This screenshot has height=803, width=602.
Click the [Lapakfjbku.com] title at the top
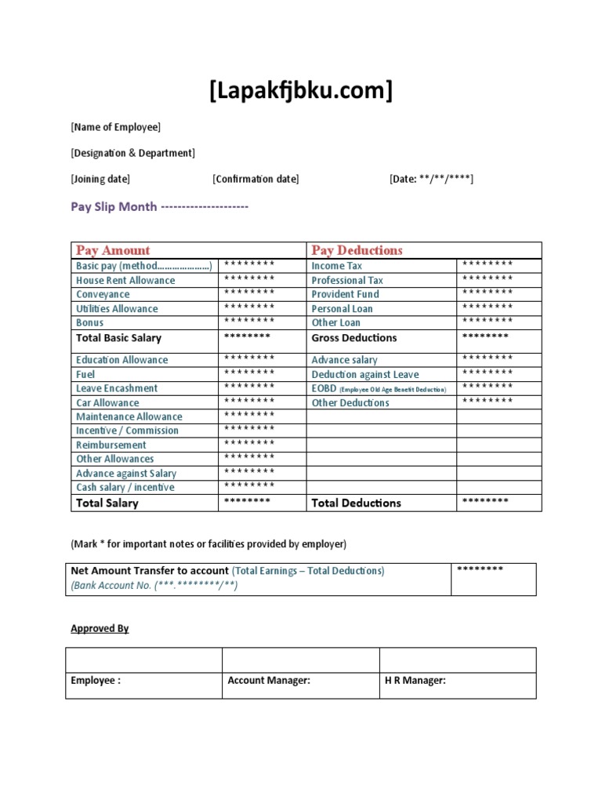pos(301,92)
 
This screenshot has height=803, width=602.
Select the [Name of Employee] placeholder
pos(115,127)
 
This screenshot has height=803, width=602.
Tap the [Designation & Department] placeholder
pos(132,153)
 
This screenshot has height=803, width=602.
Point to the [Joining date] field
pos(100,179)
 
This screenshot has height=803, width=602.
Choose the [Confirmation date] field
pos(256,179)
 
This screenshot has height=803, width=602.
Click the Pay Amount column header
pos(113,250)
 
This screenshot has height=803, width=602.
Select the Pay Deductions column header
pos(357,250)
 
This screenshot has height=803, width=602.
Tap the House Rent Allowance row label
pos(125,280)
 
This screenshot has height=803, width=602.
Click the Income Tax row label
pos(337,266)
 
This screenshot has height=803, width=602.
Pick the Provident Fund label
pos(345,294)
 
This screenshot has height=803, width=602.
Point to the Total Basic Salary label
pos(118,338)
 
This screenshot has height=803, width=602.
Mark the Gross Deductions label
pos(354,338)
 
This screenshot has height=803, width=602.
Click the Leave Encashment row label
pos(117,388)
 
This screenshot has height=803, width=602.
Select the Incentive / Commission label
pos(127,431)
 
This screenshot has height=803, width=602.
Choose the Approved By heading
pos(100,628)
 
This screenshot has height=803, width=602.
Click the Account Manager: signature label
pos(269,681)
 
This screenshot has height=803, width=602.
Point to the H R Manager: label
pos(415,681)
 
